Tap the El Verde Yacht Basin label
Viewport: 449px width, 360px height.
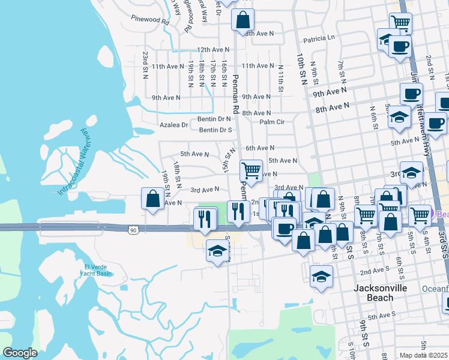click(x=95, y=270)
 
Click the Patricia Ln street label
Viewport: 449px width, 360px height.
click(x=319, y=38)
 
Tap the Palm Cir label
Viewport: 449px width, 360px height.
click(x=272, y=122)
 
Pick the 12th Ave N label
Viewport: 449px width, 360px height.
click(x=213, y=50)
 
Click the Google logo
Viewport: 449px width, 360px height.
click(x=20, y=353)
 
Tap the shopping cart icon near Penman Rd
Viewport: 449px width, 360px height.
click(x=251, y=170)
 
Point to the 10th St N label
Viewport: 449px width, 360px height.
click(x=302, y=67)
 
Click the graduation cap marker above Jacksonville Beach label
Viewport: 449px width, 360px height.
click(x=322, y=277)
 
